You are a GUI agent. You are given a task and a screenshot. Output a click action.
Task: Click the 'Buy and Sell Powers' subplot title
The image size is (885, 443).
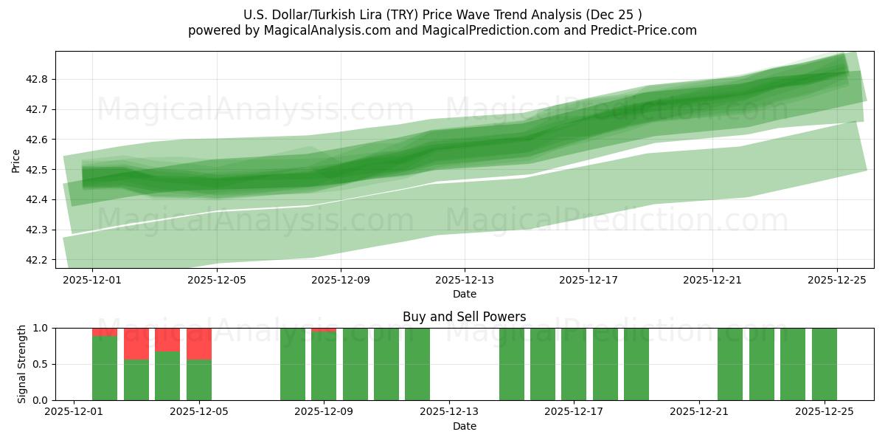tap(464, 317)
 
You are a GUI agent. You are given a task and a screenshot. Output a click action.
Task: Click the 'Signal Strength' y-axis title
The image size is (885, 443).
tap(22, 364)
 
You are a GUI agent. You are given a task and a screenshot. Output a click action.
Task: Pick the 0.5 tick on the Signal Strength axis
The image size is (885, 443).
tap(40, 364)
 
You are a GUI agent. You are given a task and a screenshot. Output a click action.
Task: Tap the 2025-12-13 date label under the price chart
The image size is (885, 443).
tap(464, 281)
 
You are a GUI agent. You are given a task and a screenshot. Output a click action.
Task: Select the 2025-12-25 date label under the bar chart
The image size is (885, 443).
tap(824, 412)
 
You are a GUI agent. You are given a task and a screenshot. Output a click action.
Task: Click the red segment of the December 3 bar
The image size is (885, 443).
tap(136, 343)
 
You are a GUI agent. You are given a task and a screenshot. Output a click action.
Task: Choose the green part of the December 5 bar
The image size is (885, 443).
tap(198, 380)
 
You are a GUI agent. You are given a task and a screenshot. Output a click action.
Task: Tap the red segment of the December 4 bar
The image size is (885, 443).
tap(167, 340)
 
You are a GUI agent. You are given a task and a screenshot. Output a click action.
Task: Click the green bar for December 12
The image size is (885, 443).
tap(417, 364)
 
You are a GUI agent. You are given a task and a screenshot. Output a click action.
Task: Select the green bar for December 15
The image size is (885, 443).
tap(511, 364)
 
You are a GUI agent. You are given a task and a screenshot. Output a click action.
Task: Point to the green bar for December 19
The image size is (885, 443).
tap(636, 364)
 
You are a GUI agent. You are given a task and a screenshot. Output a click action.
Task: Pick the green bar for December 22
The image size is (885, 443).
tap(730, 364)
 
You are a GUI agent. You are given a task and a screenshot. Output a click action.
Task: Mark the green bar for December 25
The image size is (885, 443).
tap(824, 364)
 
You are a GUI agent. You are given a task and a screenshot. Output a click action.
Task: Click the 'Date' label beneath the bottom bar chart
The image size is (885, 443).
tap(464, 426)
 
